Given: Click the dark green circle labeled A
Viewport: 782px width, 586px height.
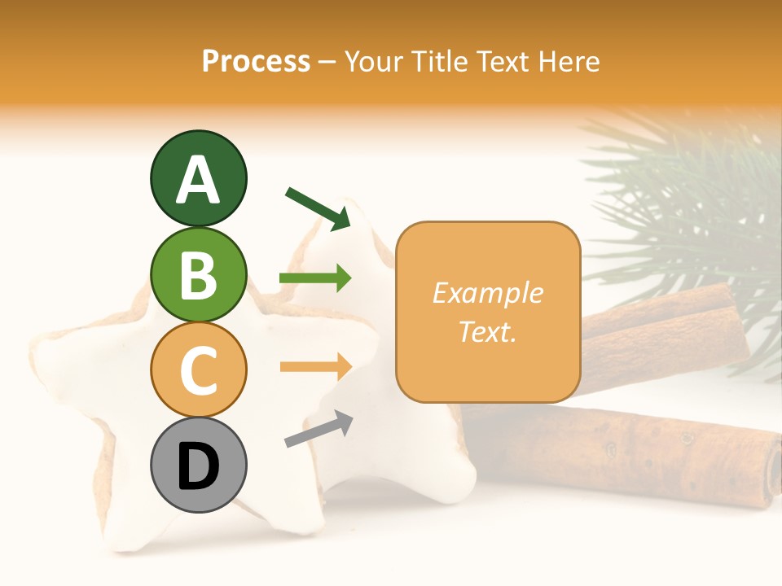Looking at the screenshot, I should click(x=198, y=178).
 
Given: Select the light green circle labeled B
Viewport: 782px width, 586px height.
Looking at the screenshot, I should click(x=198, y=274).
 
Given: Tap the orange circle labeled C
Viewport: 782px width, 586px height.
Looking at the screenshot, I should click(x=198, y=370).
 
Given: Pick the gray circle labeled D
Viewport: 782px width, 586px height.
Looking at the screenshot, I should click(x=198, y=466).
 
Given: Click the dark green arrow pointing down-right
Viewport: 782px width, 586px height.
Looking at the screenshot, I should click(x=318, y=208).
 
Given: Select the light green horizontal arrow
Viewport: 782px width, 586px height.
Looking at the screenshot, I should click(x=315, y=279).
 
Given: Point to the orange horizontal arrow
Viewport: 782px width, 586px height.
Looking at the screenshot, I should click(x=315, y=366).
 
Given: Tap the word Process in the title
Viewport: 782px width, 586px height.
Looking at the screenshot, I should click(x=256, y=61).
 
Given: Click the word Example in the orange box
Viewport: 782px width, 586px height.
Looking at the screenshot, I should click(x=487, y=293).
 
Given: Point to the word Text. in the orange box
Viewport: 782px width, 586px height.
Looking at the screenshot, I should click(x=487, y=331).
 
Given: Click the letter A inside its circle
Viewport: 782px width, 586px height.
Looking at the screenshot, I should click(x=198, y=180).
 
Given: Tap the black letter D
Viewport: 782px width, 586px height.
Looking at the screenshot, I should click(x=198, y=467).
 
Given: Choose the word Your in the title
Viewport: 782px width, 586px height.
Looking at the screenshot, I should click(x=374, y=61).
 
